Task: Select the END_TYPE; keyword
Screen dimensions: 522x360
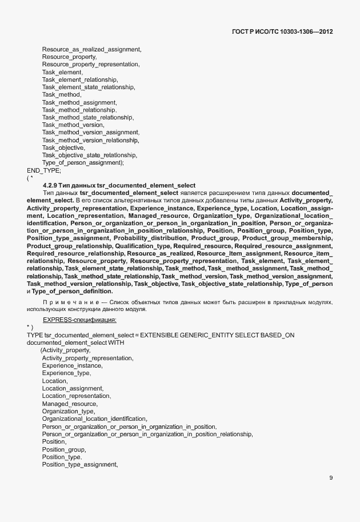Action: click(x=44, y=170)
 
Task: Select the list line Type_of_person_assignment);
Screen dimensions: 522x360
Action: click(x=83, y=162)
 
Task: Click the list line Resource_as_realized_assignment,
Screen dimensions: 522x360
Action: click(x=91, y=50)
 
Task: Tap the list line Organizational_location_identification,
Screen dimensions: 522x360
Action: click(x=94, y=419)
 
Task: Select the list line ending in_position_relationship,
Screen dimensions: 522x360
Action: click(x=147, y=434)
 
